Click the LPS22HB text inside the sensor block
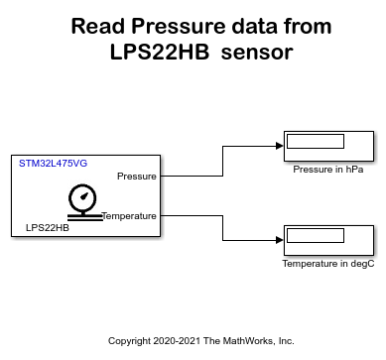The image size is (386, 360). (x=47, y=227)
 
